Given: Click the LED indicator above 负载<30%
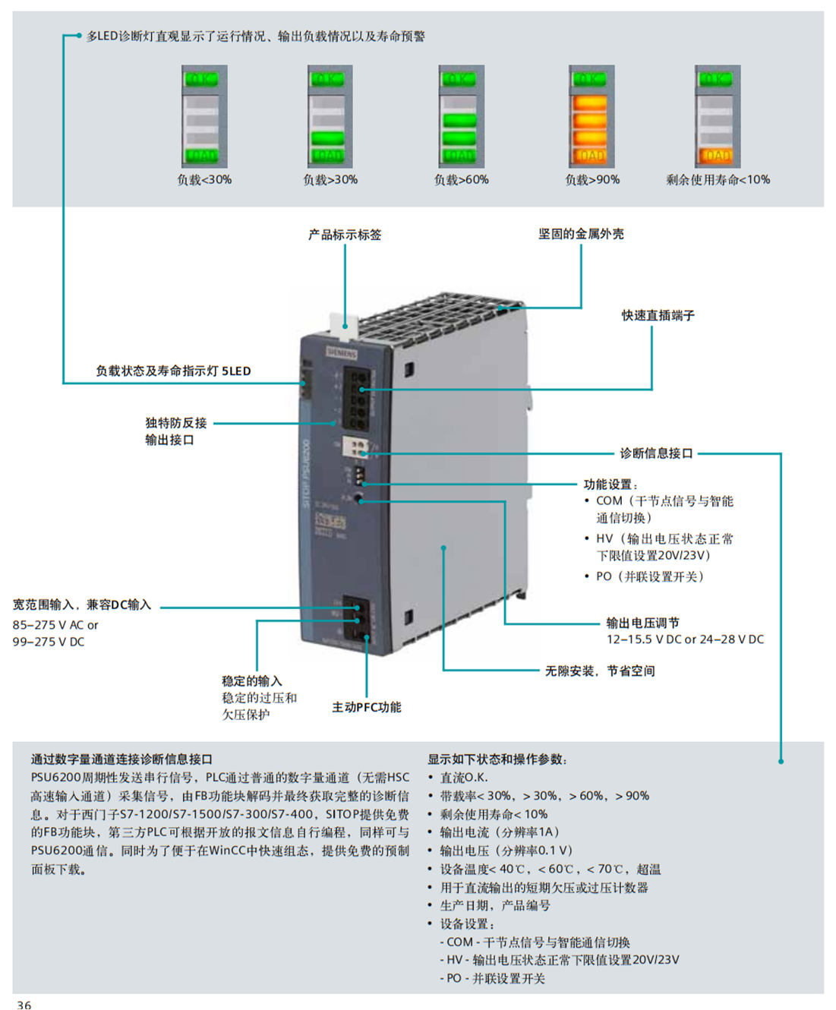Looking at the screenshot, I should [x=204, y=116].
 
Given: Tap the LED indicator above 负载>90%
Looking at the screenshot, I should [x=591, y=116].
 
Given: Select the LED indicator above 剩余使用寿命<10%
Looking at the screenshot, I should [x=717, y=116].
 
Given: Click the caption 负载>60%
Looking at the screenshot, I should [x=461, y=180].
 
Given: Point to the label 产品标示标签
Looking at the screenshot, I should [x=344, y=235].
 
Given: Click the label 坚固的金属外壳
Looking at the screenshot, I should [x=581, y=234].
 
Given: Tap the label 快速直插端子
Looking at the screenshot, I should [x=658, y=315].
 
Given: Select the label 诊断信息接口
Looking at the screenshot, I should [x=656, y=453].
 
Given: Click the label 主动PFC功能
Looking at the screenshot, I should [x=366, y=707].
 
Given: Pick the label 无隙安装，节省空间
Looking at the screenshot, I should [x=599, y=671].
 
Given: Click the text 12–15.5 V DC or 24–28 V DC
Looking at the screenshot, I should [x=684, y=639].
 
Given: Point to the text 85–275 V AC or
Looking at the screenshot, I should [x=55, y=625].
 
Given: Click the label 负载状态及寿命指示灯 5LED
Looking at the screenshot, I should [x=172, y=371].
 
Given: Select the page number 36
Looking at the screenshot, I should [x=24, y=1004].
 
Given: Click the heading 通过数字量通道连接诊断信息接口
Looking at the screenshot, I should [x=121, y=759].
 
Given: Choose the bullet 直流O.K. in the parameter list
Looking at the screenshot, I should [x=463, y=778].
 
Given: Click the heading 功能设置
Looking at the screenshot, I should [x=610, y=484].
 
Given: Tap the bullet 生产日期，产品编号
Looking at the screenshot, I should [x=494, y=905].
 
